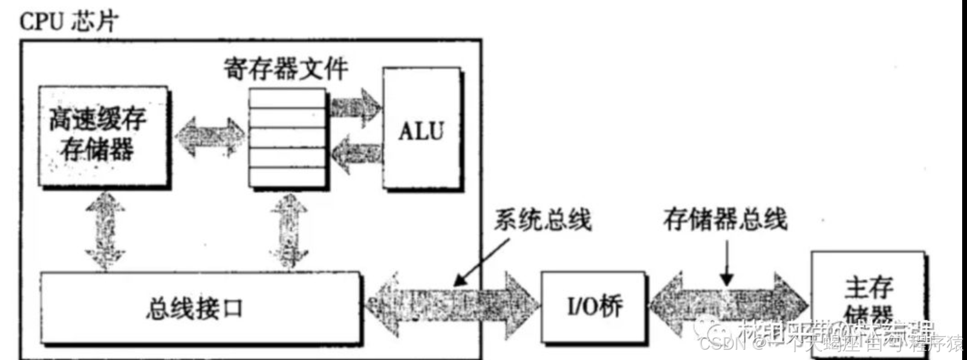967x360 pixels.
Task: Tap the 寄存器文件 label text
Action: pos(285,69)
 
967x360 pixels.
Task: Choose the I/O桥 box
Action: pos(594,306)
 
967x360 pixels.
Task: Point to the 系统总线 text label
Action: pos(542,219)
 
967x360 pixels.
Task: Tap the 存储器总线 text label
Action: pos(724,219)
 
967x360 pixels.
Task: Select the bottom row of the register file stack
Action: pos(287,176)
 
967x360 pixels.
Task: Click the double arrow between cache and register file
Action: pos(210,137)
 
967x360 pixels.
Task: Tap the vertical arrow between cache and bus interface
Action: pos(105,230)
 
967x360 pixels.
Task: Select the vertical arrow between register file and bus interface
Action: pos(289,230)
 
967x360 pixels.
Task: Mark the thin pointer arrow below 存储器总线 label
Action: pos(727,263)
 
